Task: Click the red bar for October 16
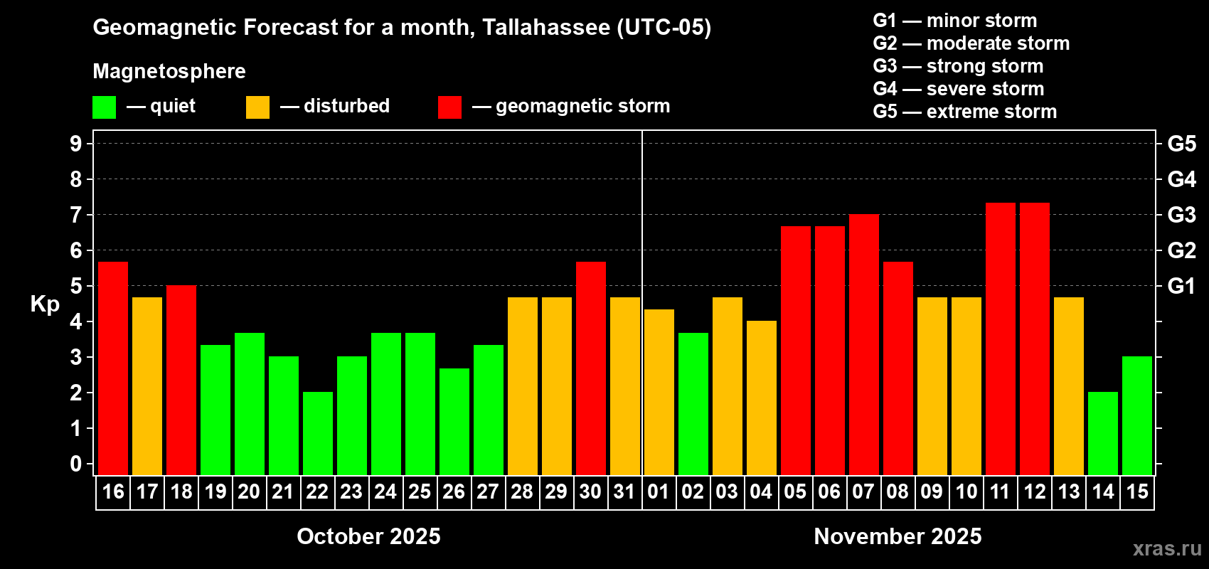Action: click(113, 368)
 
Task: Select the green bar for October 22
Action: click(318, 433)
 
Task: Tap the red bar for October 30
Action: click(591, 368)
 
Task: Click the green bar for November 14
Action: click(1103, 433)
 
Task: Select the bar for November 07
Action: click(864, 344)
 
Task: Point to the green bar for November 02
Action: click(693, 403)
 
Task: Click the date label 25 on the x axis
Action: click(420, 492)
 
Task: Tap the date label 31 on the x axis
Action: click(624, 492)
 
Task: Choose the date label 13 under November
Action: click(1069, 492)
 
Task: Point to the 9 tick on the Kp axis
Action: click(76, 144)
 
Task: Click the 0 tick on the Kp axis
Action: click(76, 464)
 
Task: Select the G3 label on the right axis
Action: click(1182, 215)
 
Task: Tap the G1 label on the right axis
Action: click(1182, 286)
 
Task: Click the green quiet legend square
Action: click(105, 107)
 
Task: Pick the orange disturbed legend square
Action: click(258, 107)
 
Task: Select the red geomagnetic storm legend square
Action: click(449, 107)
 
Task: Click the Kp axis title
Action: click(45, 304)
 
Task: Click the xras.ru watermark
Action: click(1167, 548)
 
